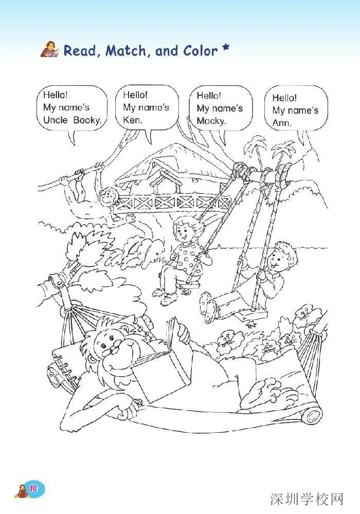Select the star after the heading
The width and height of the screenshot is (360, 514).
point(225,48)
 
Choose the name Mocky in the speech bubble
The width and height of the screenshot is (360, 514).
point(211,121)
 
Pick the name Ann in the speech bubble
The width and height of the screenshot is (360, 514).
point(282,123)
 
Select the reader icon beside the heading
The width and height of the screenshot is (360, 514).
point(50,49)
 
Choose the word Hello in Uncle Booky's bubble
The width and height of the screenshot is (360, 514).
point(56,95)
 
